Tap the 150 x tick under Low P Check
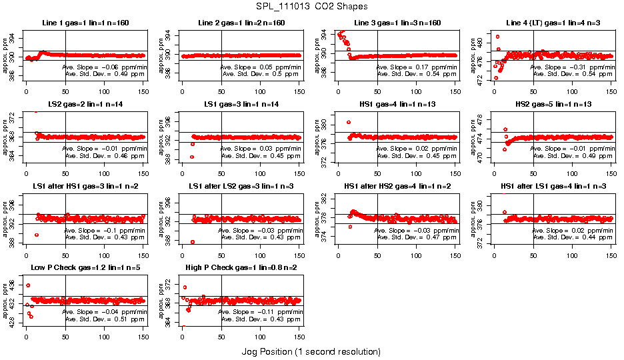pos(143,338)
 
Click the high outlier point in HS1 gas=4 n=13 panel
pos(349,122)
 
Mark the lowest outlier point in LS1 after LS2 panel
pos(193,242)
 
